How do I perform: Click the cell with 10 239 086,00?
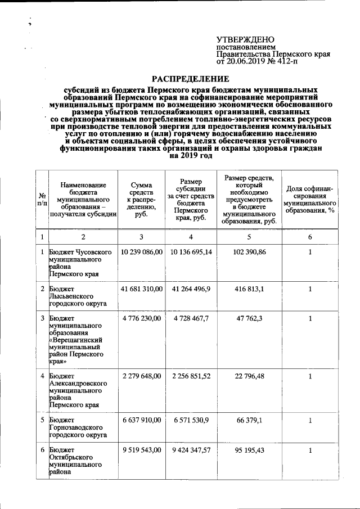point(142,252)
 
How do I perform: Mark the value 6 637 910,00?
point(142,420)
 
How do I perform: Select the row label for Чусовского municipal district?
point(83,263)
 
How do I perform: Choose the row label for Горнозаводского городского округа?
point(78,427)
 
